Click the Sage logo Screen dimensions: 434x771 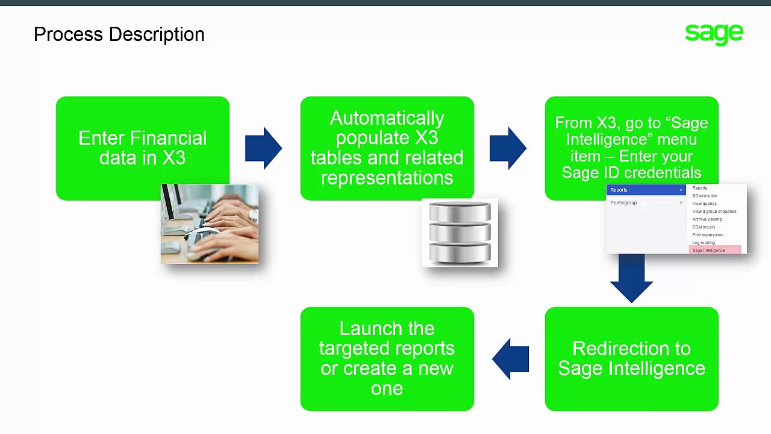pyautogui.click(x=714, y=34)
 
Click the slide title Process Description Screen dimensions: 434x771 pyautogui.click(x=119, y=34)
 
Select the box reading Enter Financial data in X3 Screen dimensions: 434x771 pyautogui.click(x=142, y=148)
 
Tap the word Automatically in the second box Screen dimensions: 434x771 pyautogui.click(x=387, y=118)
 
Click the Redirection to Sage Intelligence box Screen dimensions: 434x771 pyautogui.click(x=631, y=359)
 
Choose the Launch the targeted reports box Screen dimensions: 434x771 pyautogui.click(x=387, y=359)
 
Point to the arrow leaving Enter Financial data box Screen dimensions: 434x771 pyautogui.click(x=263, y=148)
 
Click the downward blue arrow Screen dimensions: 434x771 pyautogui.click(x=631, y=277)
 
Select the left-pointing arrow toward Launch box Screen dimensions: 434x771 pyautogui.click(x=510, y=359)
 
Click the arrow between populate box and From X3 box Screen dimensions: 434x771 pyautogui.click(x=508, y=148)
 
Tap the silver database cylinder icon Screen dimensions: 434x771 pyautogui.click(x=460, y=233)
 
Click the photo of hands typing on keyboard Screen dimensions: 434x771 pyautogui.click(x=210, y=224)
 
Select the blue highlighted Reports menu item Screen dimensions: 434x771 pyautogui.click(x=645, y=190)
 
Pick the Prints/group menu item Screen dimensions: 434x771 pyautogui.click(x=623, y=203)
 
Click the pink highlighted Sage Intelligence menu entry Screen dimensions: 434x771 pyautogui.click(x=709, y=250)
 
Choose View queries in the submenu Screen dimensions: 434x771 pyautogui.click(x=704, y=204)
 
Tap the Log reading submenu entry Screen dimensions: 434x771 pyautogui.click(x=704, y=242)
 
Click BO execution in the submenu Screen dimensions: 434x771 pyautogui.click(x=705, y=196)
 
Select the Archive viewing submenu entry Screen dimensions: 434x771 pyautogui.click(x=707, y=219)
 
